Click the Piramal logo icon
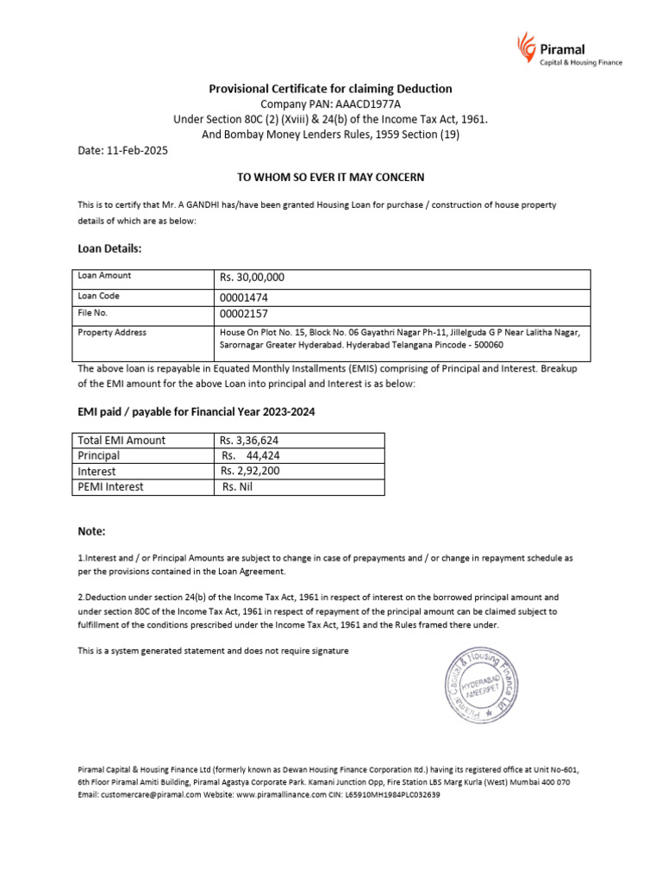coord(525,45)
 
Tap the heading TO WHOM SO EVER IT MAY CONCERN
coord(331,177)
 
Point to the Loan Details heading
coord(109,248)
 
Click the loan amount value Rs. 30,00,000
coord(253,278)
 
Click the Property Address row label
coord(112,333)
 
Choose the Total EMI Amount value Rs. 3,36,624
coord(250,440)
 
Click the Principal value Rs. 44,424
coord(251,455)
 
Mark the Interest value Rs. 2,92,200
coord(250,471)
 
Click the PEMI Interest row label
coord(111,486)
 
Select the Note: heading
coord(91,532)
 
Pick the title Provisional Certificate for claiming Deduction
coord(330,89)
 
